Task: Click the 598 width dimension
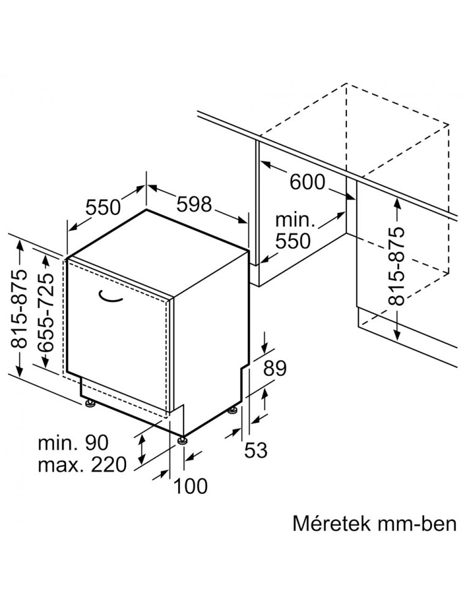pos(195,204)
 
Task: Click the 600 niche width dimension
pos(307,182)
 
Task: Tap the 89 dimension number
pos(275,368)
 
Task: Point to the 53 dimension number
pos(256,450)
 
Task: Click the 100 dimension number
pos(190,487)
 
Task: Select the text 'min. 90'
pos(73,442)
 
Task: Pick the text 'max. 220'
pos(83,465)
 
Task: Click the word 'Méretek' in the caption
pos(331,523)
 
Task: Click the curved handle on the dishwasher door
pos(110,296)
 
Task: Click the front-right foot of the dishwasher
pos(182,440)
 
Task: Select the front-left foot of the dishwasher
pos(91,403)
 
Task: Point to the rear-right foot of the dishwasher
pos(233,410)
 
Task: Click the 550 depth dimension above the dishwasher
pos(103,207)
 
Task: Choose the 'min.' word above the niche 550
pos(295,220)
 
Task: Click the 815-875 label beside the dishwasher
pos(20,308)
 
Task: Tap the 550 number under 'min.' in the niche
pos(293,241)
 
